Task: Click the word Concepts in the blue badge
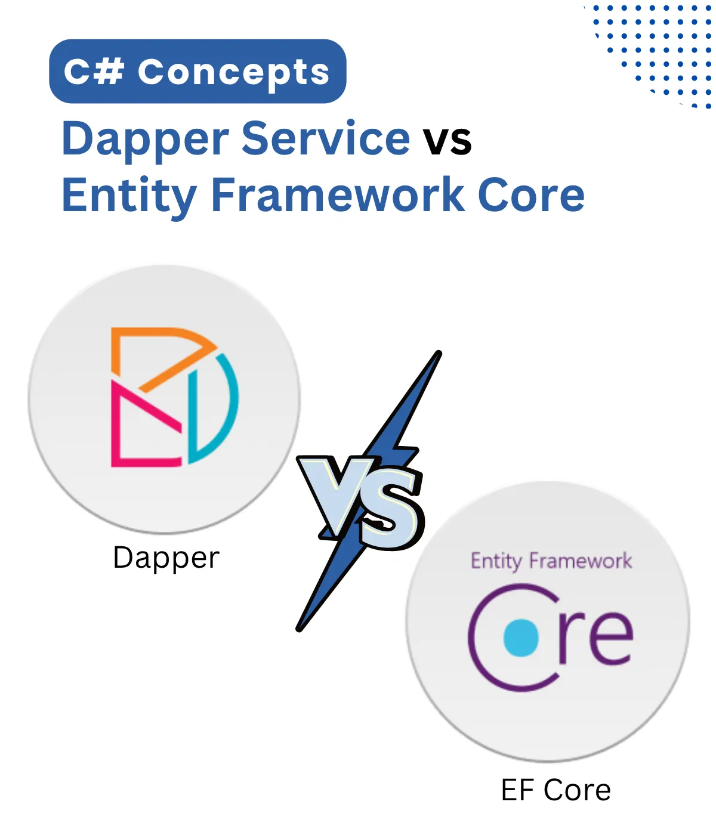233,73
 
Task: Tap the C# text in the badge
94,72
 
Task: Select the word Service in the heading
326,138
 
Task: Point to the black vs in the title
447,141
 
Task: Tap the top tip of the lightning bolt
438,354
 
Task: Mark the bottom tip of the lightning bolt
300,627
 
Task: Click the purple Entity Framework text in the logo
551,561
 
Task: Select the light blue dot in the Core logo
521,637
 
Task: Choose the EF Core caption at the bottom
556,790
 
